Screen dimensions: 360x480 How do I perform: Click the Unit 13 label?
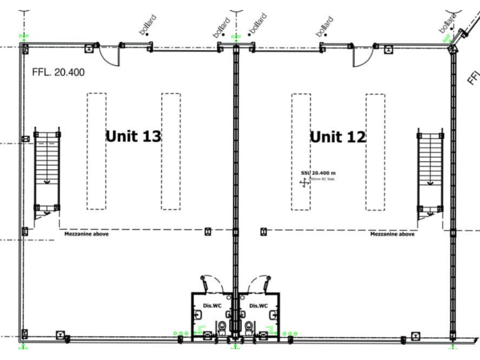133,136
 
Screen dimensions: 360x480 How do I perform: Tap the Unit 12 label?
338,137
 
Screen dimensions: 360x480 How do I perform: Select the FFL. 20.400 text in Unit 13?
58,72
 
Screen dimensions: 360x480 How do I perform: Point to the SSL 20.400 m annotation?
318,172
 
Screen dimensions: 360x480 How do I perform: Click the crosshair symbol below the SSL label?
304,182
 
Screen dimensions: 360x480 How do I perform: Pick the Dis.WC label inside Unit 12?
258,305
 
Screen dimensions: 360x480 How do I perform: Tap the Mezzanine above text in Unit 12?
392,235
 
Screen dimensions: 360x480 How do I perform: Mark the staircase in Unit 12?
431,172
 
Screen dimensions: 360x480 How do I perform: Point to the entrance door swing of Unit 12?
362,56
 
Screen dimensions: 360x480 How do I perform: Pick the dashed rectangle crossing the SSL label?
301,151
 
